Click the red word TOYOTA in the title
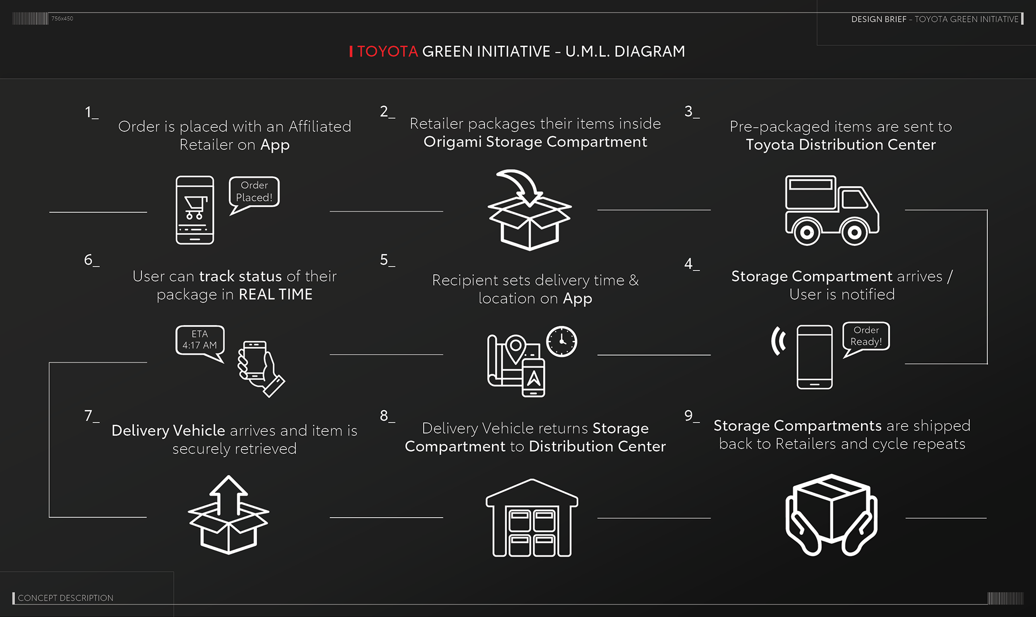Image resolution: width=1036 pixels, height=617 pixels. pos(387,51)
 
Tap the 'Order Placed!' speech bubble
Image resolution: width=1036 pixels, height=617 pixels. pos(254,192)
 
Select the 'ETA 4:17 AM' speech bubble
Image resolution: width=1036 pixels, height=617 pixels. pos(200,340)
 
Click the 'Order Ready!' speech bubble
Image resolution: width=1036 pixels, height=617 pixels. pos(866,336)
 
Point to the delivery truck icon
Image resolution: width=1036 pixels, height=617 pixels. pos(831,210)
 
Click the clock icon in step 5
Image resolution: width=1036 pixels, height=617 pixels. pos(562,342)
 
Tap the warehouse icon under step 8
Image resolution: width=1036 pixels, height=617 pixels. pos(532,518)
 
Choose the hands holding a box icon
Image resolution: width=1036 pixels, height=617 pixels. pos(831,515)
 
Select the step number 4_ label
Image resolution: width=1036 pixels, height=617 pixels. pos(691,264)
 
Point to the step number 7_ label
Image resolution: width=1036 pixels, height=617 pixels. pos(91,416)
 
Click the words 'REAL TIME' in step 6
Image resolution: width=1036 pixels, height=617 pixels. pos(275,295)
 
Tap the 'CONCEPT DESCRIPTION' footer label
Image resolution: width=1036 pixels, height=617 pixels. pos(65,598)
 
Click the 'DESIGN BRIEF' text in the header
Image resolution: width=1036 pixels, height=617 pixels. pos(878,19)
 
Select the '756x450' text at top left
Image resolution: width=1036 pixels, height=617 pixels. pos(62,18)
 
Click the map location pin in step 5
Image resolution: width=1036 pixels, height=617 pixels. pos(515,348)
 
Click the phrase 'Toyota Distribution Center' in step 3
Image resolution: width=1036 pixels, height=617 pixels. pos(841,145)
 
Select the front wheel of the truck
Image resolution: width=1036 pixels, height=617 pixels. pos(854,233)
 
